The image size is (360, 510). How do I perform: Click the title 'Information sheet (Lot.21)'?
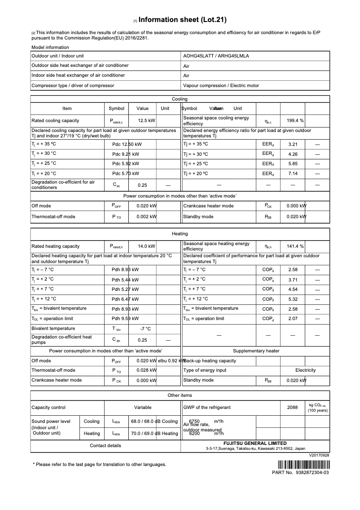click(x=182, y=20)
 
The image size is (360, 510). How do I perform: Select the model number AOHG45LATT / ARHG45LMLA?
click(x=216, y=56)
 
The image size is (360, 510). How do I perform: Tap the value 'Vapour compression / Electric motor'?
click(x=221, y=85)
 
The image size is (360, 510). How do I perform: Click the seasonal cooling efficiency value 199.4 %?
click(x=295, y=120)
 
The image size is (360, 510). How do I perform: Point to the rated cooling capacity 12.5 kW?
click(x=146, y=120)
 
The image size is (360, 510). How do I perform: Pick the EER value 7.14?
click(x=293, y=173)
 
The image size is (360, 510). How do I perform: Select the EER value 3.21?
click(x=293, y=144)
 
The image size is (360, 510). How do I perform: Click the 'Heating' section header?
click(x=180, y=233)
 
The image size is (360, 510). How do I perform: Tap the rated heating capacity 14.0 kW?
click(x=146, y=246)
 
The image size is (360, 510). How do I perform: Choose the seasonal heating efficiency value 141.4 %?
click(x=295, y=246)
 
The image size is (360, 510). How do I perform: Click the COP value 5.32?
click(x=293, y=299)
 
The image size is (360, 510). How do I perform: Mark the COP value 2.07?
click(x=293, y=318)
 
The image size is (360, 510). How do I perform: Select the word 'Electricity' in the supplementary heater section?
click(x=305, y=370)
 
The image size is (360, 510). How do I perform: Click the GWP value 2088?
click(x=292, y=407)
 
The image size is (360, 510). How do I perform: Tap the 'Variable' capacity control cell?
click(x=143, y=407)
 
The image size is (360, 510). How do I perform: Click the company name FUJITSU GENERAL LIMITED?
click(x=255, y=443)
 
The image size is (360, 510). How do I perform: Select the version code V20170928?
click(x=319, y=455)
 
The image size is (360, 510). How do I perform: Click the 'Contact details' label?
click(x=105, y=445)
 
